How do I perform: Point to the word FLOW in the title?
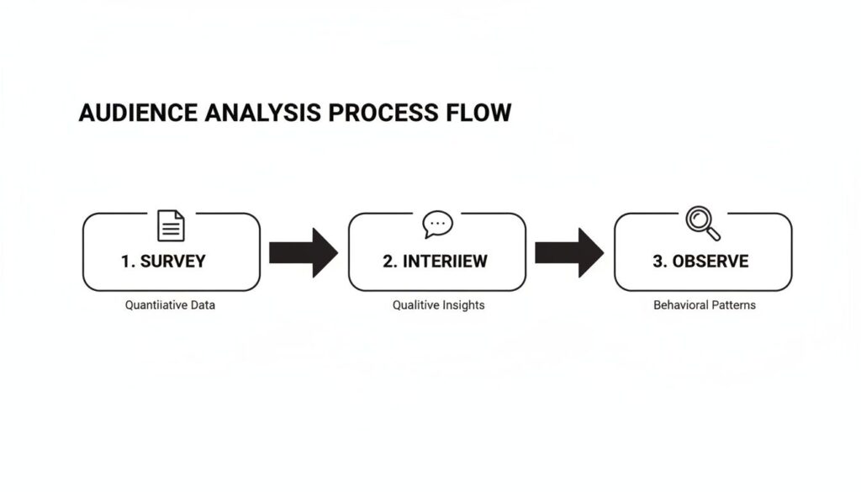tap(480, 113)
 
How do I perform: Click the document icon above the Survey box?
tap(171, 225)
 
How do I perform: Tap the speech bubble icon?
tap(437, 224)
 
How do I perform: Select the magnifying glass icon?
tap(702, 223)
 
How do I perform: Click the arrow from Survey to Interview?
tap(303, 251)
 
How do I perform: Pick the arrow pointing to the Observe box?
tap(568, 251)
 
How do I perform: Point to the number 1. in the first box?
tap(128, 261)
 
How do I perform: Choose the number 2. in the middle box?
tap(390, 261)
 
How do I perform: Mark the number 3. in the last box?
tap(660, 261)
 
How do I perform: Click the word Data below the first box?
tap(201, 304)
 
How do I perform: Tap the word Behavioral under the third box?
tap(680, 304)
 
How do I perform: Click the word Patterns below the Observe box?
tap(733, 304)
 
